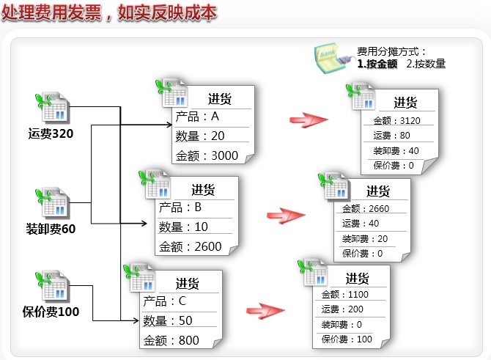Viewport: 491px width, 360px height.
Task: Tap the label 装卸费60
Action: coord(51,228)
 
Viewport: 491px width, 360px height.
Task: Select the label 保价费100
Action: coord(51,312)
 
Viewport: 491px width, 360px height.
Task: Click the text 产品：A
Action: coord(198,117)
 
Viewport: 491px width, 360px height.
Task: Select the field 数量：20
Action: coord(199,136)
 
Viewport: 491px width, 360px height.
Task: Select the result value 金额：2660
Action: coord(366,208)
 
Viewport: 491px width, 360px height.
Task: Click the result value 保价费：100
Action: coord(347,339)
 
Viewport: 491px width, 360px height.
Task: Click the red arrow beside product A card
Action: coord(307,120)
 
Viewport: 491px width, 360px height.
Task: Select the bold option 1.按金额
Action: coord(377,64)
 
